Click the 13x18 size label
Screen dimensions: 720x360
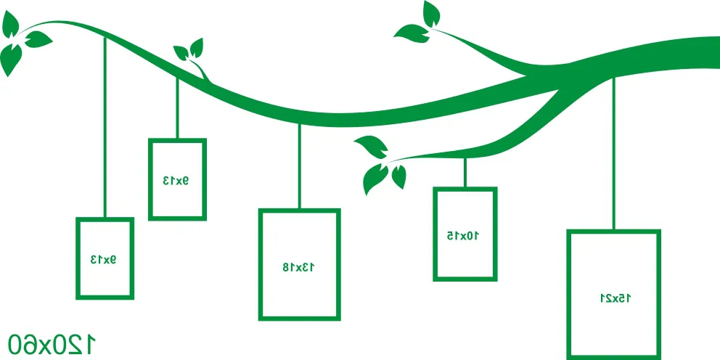[x=298, y=267]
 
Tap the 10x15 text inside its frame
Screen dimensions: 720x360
[x=463, y=236]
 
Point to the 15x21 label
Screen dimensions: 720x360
[x=615, y=298]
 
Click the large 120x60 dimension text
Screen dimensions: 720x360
[x=52, y=344]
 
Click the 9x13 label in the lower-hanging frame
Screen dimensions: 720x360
[x=103, y=260]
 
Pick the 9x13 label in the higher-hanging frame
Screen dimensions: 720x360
[x=176, y=181]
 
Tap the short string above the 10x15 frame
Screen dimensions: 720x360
[x=465, y=173]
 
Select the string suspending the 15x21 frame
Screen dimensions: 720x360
[x=613, y=154]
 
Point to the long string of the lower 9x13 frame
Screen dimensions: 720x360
[x=105, y=128]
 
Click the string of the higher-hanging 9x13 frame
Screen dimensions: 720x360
[x=177, y=108]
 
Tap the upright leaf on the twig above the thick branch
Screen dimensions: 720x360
[x=430, y=15]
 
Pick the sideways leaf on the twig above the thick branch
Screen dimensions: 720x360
[x=412, y=33]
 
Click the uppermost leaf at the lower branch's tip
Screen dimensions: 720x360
[x=372, y=146]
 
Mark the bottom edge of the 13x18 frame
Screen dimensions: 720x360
[x=299, y=318]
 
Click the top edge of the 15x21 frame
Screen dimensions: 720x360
[x=613, y=232]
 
